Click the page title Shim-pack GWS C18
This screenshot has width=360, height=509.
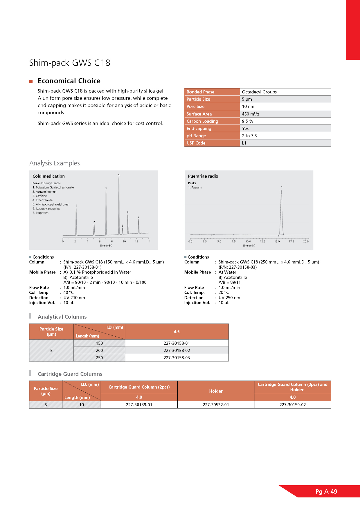(70, 63)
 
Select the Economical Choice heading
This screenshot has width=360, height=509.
(69, 81)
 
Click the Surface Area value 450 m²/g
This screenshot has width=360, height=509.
(251, 114)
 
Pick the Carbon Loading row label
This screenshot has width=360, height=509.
(202, 121)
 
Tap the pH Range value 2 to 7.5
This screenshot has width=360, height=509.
(249, 136)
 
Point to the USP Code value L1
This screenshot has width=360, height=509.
(244, 143)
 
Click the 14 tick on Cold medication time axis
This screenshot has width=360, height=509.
(149, 241)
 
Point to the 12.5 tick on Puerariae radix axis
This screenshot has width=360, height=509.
(262, 241)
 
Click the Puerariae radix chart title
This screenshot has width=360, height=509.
(203, 176)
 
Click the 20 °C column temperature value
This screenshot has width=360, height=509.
(224, 293)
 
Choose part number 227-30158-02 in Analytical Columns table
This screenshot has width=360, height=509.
(177, 350)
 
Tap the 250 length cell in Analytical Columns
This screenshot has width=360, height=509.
(99, 358)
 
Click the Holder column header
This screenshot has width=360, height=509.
(216, 391)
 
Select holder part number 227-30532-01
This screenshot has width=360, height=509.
(216, 405)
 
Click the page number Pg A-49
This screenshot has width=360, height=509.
(326, 491)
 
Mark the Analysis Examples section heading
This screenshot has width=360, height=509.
(55, 163)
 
